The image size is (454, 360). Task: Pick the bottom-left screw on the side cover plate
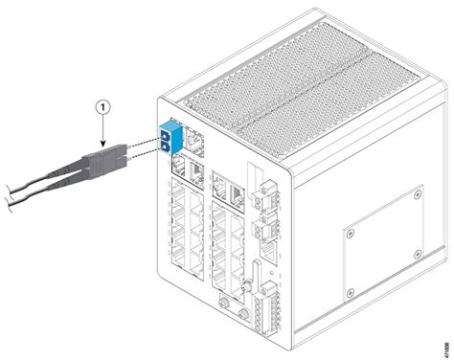(x=352, y=290)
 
